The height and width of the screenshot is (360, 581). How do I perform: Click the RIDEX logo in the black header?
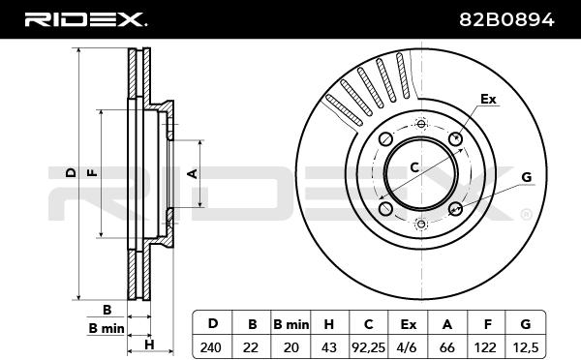point(85,19)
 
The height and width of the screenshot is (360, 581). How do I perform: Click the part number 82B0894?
point(506,19)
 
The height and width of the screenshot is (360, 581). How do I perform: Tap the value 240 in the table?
point(211,347)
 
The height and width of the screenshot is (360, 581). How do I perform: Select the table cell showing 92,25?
point(368,347)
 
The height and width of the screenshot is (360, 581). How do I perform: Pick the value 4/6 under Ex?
point(408,347)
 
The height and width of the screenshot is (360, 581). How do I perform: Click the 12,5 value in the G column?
point(526,347)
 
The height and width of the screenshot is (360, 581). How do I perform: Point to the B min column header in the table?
point(290,324)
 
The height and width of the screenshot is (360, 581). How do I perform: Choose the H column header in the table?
point(328,324)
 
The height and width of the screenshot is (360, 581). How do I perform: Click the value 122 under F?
point(485,347)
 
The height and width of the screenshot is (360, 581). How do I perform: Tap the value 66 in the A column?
point(446,347)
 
